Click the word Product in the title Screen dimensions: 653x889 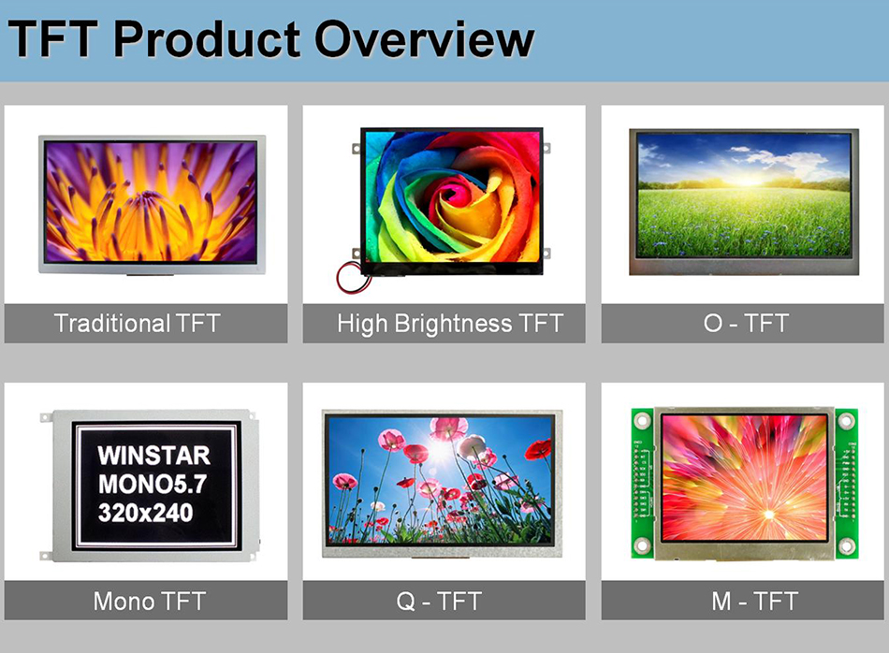[207, 40]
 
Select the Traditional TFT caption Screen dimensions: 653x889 [138, 324]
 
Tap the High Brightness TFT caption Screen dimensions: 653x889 [450, 324]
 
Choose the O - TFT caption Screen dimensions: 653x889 [746, 324]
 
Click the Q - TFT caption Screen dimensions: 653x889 [443, 601]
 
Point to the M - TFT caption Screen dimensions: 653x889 [746, 601]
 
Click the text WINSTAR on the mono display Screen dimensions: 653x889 [154, 457]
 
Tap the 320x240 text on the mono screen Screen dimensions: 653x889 [146, 512]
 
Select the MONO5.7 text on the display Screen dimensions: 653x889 [154, 485]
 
